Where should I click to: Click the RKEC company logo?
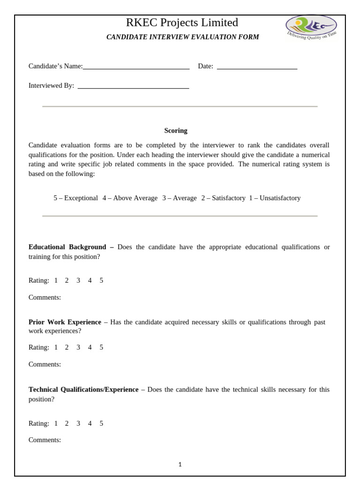point(311,27)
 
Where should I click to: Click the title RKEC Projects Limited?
point(182,22)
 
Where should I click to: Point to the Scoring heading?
point(176,131)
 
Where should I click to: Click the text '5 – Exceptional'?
point(75,198)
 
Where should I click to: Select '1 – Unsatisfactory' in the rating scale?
point(275,198)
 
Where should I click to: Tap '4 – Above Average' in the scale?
point(130,198)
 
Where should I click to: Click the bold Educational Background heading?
point(67,247)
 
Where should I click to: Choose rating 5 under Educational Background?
point(101,281)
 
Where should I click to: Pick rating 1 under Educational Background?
point(56,281)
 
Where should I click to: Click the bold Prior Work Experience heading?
point(65,322)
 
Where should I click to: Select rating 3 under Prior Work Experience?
point(78,347)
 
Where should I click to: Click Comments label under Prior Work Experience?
point(45,364)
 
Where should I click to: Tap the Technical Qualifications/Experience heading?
point(83,390)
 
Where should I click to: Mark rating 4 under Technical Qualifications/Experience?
point(90,423)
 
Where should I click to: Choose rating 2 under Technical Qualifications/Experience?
point(67,423)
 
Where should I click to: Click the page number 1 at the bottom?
point(180,465)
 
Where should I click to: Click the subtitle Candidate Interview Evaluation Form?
point(182,37)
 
